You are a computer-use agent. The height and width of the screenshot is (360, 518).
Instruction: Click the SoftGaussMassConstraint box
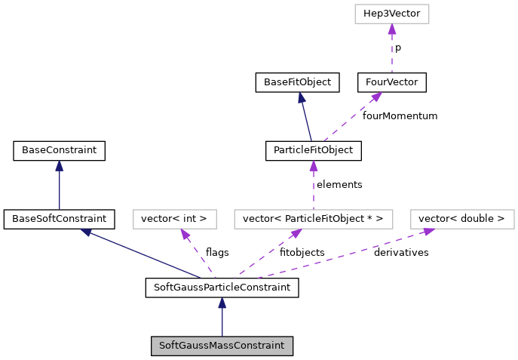(222, 346)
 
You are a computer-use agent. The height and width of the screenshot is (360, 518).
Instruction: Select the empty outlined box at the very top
(391, 14)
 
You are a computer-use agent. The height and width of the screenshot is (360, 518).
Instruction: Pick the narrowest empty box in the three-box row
(175, 219)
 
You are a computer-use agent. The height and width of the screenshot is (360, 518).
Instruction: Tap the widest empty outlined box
(313, 219)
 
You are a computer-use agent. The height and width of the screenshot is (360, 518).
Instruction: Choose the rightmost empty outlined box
(462, 219)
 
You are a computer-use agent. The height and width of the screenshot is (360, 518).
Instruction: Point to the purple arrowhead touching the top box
(392, 29)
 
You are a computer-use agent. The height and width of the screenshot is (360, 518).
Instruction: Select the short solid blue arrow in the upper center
(305, 119)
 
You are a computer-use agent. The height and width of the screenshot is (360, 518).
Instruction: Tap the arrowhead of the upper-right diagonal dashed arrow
(376, 97)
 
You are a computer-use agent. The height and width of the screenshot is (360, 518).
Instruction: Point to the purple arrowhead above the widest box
(313, 165)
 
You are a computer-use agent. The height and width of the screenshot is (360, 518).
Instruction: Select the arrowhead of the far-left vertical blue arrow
(59, 165)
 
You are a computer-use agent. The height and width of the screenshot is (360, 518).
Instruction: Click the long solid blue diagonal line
(143, 254)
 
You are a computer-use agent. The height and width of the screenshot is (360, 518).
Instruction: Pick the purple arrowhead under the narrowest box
(185, 235)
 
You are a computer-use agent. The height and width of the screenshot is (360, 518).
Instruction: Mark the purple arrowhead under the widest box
(296, 234)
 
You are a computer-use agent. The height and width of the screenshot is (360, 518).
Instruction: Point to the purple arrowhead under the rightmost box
(428, 232)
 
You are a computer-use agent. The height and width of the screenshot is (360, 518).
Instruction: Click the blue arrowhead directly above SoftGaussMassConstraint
(222, 303)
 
